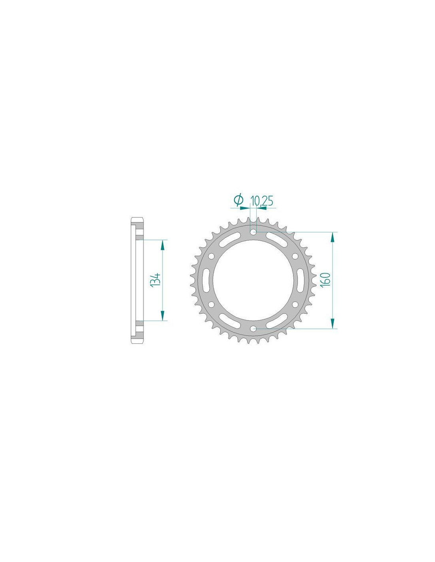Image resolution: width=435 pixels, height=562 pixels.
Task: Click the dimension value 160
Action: coord(325,279)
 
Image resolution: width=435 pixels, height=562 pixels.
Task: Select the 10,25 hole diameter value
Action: coord(262,201)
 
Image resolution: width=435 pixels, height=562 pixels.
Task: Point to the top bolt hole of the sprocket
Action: coord(253,232)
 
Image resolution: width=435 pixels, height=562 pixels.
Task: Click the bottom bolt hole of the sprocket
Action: coord(253,329)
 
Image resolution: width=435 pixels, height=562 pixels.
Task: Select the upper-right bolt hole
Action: coord(295,256)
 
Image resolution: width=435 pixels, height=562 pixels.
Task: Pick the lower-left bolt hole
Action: coord(212,305)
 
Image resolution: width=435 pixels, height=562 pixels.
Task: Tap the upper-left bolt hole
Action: coord(212,256)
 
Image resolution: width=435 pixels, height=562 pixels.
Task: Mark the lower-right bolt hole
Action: coord(295,305)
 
